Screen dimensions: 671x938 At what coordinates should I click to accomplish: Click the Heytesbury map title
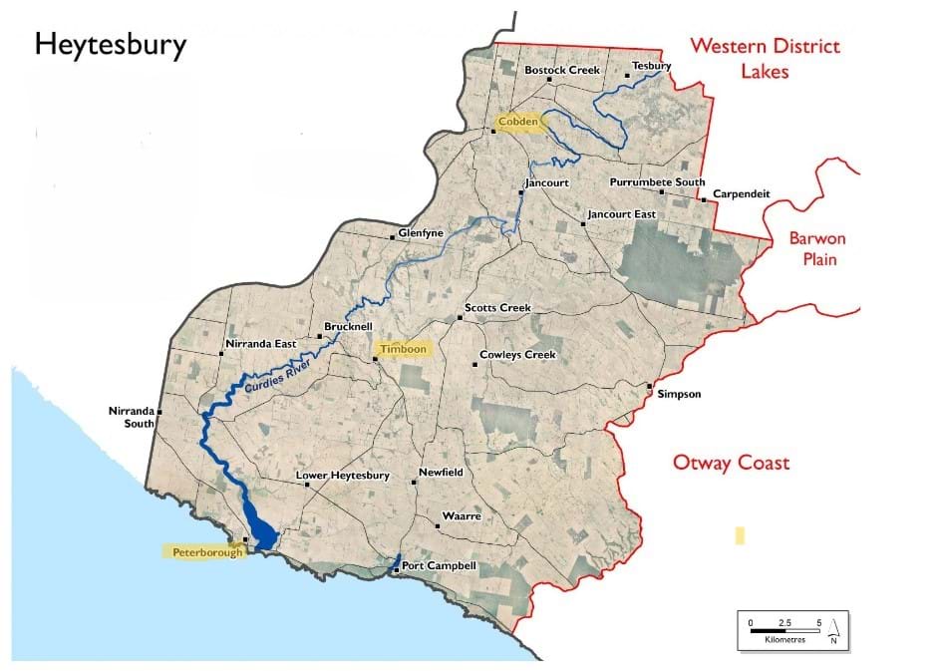tap(110, 46)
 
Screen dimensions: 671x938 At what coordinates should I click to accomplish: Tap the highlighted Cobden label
tap(517, 122)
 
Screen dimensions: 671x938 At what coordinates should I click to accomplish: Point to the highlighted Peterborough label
tap(203, 551)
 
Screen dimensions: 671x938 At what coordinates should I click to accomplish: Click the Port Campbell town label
tap(440, 566)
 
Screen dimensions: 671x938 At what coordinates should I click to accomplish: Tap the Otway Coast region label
tap(731, 463)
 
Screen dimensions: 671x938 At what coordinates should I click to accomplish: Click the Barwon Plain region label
tap(816, 249)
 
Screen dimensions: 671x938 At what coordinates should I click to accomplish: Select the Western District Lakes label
tap(766, 59)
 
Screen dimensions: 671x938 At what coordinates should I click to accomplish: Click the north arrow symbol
tap(833, 629)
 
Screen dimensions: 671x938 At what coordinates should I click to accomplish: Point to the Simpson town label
tap(679, 394)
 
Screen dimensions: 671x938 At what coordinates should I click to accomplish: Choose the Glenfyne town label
tap(420, 233)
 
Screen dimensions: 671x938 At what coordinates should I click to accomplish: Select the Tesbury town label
tap(652, 67)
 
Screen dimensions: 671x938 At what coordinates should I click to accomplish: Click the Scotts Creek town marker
tap(461, 318)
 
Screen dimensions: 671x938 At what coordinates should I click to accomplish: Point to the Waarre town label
tap(462, 516)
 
